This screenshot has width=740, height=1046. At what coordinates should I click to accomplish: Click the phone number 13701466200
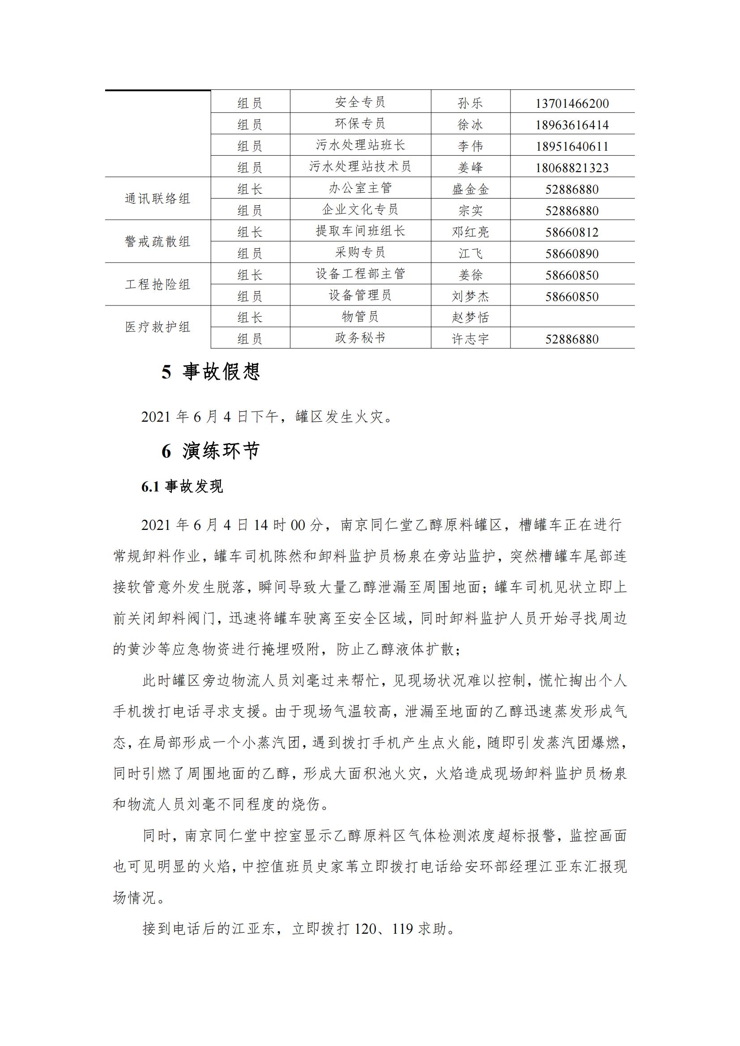(x=572, y=103)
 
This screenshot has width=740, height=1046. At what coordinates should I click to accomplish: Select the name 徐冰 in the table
(x=470, y=125)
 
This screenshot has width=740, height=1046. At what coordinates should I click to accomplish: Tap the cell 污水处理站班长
(x=360, y=145)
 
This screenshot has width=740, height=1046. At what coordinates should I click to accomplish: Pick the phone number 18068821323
(x=572, y=168)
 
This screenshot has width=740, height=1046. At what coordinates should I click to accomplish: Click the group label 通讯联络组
(x=157, y=199)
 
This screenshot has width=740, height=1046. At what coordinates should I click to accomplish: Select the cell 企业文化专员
(x=360, y=210)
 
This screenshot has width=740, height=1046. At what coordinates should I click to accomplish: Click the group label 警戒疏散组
(x=157, y=241)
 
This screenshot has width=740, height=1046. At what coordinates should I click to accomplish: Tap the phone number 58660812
(x=572, y=233)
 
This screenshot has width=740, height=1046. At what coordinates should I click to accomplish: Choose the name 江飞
(x=470, y=254)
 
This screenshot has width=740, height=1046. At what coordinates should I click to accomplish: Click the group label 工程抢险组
(x=157, y=284)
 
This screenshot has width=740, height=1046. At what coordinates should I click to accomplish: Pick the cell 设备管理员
(x=360, y=295)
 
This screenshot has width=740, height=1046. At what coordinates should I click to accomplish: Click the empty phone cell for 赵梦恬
(x=572, y=317)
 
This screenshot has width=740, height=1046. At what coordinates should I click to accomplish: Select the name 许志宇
(x=470, y=339)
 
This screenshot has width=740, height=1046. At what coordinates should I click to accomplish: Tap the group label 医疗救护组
(x=157, y=327)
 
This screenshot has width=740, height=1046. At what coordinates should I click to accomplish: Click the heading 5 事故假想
(x=211, y=372)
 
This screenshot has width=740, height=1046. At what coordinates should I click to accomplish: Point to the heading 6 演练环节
(x=211, y=451)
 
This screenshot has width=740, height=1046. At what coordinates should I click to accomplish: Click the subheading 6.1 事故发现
(x=182, y=487)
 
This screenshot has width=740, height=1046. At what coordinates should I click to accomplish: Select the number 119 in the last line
(x=402, y=928)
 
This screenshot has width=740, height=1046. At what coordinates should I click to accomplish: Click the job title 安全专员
(x=360, y=102)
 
